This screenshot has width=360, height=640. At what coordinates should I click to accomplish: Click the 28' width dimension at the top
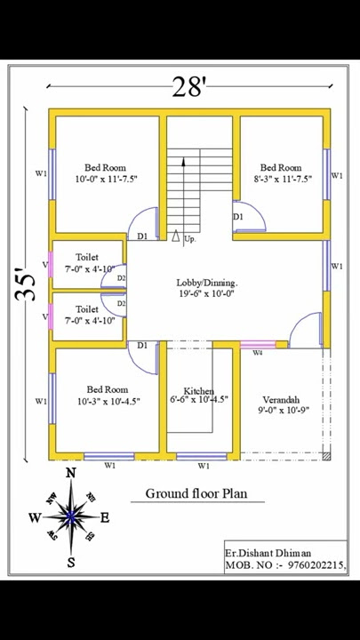pyautogui.click(x=188, y=86)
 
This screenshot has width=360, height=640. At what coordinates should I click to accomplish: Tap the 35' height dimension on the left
pyautogui.click(x=28, y=284)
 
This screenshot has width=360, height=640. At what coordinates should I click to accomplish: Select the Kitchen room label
pyautogui.click(x=198, y=391)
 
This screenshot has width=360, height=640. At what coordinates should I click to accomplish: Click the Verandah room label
pyautogui.click(x=280, y=399)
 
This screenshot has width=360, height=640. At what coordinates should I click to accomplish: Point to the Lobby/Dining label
pyautogui.click(x=206, y=283)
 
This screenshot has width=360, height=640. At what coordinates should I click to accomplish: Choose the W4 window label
pyautogui.click(x=257, y=353)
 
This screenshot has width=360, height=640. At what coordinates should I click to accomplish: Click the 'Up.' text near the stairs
pyautogui.click(x=190, y=239)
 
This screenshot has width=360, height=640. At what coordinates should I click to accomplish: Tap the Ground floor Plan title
pyautogui.click(x=196, y=493)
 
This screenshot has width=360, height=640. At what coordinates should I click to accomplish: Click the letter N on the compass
pyautogui.click(x=71, y=473)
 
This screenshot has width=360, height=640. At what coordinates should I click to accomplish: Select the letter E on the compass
pyautogui.click(x=105, y=518)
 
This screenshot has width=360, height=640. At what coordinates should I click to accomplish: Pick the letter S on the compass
pyautogui.click(x=71, y=562)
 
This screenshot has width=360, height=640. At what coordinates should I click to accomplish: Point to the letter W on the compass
pyautogui.click(x=35, y=518)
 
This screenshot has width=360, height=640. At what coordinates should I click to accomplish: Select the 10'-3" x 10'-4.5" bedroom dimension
pyautogui.click(x=107, y=401)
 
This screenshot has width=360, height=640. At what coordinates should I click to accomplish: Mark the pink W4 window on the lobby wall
pyautogui.click(x=257, y=345)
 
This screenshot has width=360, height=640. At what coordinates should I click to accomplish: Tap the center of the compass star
pyautogui.click(x=70, y=516)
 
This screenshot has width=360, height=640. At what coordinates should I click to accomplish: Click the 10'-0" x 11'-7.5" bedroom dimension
pyautogui.click(x=106, y=179)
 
